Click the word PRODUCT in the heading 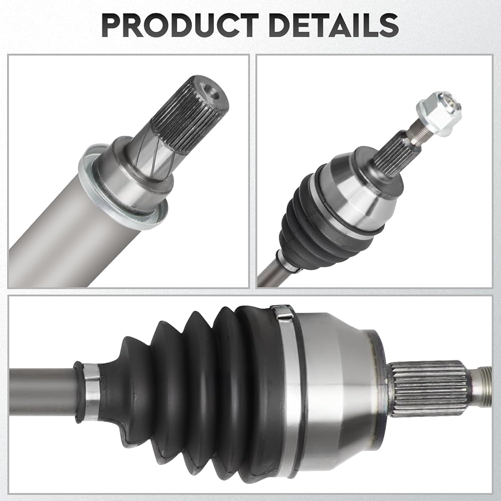tap(179, 26)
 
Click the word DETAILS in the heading tap(334, 26)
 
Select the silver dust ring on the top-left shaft tap(123, 187)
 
